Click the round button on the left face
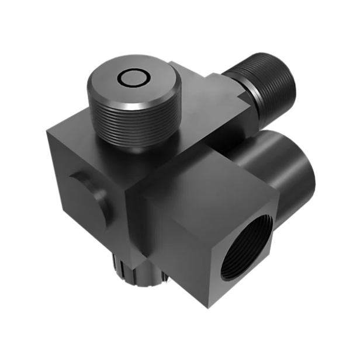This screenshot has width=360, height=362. click(89, 196)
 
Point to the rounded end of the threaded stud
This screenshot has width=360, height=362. click(283, 82)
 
